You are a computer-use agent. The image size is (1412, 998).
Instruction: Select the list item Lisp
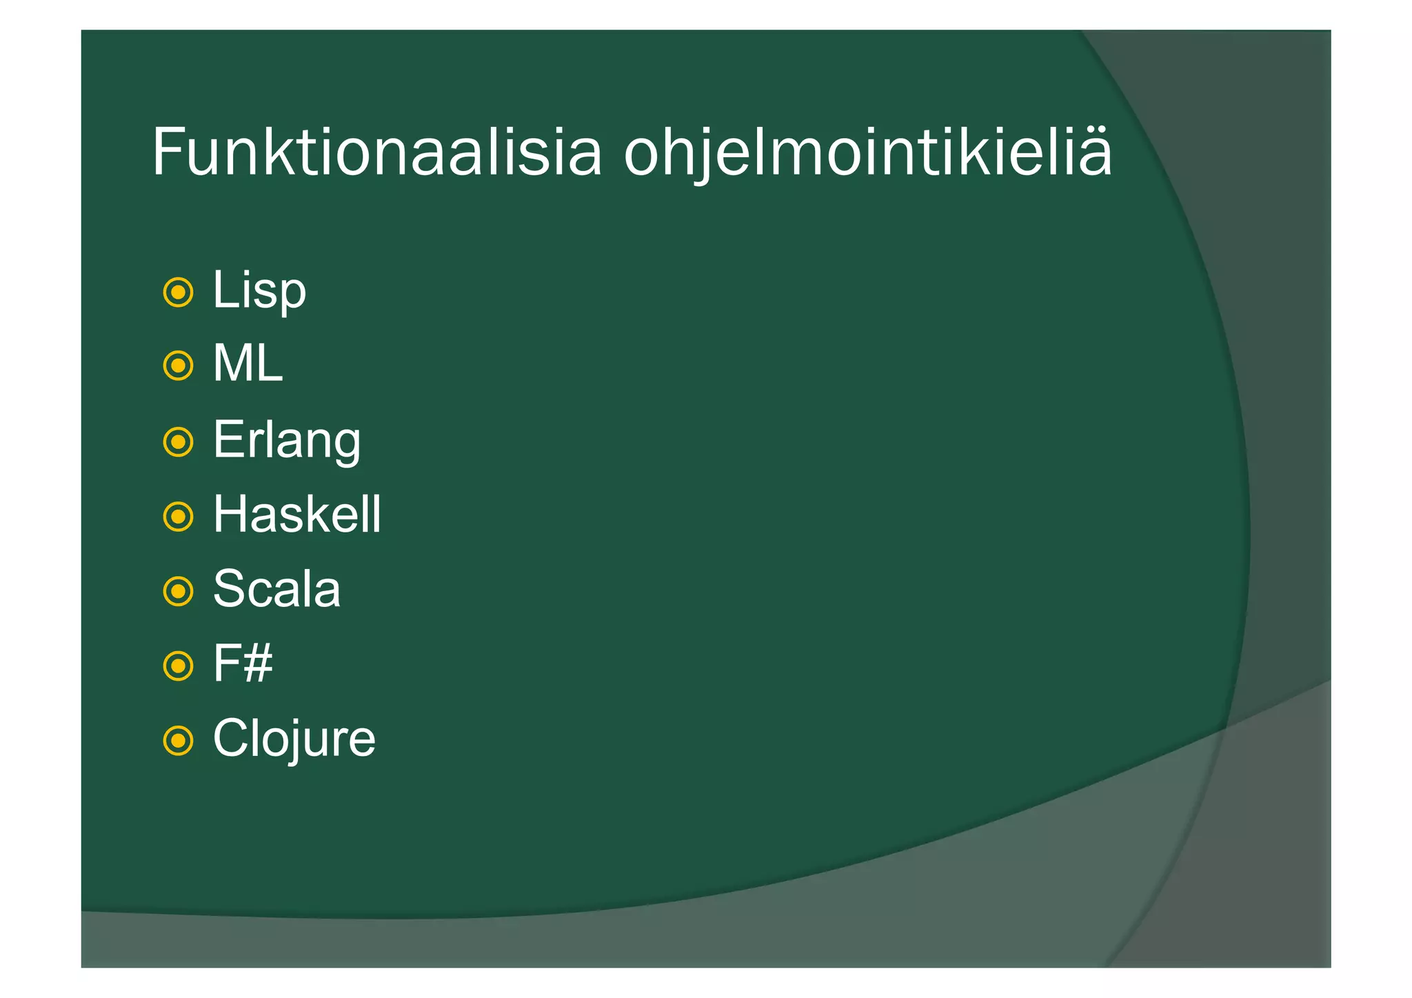point(259,290)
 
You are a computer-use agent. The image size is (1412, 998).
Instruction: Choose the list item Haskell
point(296,515)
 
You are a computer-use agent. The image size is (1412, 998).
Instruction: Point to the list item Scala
point(276,590)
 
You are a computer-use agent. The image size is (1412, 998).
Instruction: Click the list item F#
point(243,664)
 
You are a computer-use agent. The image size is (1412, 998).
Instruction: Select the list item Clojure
point(294,739)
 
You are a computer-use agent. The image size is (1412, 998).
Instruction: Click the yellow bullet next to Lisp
point(178,292)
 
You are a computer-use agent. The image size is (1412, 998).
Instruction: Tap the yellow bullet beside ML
point(178,366)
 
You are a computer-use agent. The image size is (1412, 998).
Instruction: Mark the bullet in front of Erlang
point(178,441)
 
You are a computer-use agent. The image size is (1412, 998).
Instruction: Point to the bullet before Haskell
point(178,517)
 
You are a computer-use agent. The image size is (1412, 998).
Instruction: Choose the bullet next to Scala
point(178,591)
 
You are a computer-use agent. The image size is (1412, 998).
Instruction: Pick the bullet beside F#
point(178,666)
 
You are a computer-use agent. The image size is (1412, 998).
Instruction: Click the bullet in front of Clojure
point(178,741)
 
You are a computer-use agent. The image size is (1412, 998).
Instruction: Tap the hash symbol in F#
point(257,664)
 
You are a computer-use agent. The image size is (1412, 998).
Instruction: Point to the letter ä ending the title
point(1093,153)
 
